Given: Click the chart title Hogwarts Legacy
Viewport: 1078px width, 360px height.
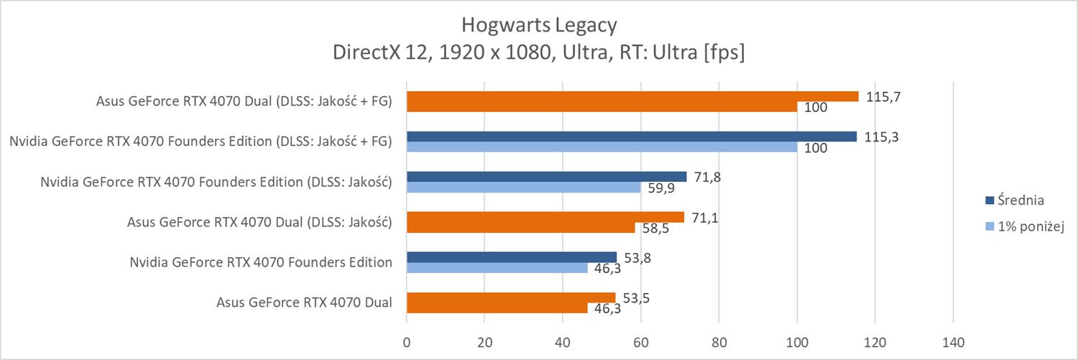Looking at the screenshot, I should click(538, 26).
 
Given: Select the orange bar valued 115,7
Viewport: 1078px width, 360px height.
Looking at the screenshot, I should click(632, 96).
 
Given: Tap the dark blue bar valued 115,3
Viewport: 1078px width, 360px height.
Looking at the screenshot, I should click(632, 137).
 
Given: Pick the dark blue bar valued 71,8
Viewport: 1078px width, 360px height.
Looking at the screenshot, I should click(546, 177).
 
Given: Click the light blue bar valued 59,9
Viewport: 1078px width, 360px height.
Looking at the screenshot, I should click(523, 188).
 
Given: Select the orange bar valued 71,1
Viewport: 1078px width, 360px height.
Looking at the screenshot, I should click(545, 217).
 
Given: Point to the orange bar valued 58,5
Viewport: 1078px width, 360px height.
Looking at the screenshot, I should click(520, 228).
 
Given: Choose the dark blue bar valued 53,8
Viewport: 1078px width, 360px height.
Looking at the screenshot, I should click(512, 257).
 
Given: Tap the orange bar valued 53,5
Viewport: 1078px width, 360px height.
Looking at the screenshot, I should click(511, 297).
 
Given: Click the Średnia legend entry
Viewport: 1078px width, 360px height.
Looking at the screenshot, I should click(1013, 200).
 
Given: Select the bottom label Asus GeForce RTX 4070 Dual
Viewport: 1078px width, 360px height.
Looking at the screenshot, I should click(304, 303).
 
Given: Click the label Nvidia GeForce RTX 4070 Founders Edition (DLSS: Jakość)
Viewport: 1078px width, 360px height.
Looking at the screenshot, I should click(216, 182).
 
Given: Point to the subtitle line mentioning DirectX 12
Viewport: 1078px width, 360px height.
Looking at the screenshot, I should click(538, 53).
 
